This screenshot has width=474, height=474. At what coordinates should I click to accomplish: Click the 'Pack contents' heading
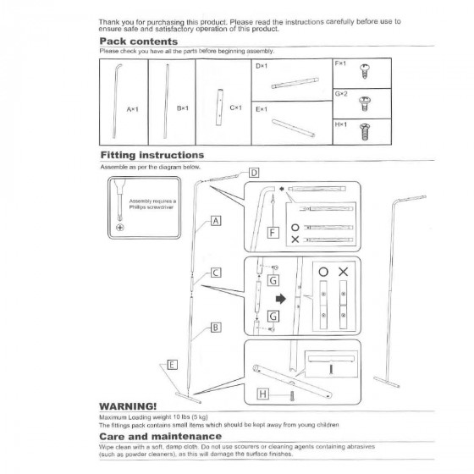[139, 41]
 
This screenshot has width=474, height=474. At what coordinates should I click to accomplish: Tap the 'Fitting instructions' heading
[152, 155]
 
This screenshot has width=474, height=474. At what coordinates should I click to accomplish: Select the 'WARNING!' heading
[128, 406]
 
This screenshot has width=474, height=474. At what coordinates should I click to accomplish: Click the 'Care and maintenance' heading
[160, 436]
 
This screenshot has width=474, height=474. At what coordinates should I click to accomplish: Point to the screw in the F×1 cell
[365, 71]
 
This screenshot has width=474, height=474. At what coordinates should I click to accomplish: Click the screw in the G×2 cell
[365, 103]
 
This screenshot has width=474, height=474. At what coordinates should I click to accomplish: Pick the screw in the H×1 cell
[365, 131]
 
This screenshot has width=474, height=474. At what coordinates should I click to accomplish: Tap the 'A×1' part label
[132, 109]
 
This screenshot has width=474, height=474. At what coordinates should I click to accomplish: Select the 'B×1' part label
[183, 108]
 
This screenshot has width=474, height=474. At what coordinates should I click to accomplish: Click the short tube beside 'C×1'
[220, 107]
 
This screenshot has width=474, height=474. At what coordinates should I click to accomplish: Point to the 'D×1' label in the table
[262, 66]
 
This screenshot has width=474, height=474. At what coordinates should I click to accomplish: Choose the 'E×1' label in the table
[262, 109]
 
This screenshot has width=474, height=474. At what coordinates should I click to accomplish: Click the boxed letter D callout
[254, 173]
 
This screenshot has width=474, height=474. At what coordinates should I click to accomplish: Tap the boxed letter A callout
[216, 221]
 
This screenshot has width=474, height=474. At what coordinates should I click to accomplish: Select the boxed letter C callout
[216, 273]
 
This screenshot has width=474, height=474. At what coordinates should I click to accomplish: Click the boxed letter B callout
[216, 328]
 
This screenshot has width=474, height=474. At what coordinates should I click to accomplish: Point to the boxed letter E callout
[173, 365]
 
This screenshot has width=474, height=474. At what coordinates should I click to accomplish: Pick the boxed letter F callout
[273, 233]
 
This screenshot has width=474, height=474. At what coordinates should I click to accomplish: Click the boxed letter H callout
[263, 394]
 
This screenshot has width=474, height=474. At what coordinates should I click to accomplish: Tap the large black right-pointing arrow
[281, 299]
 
